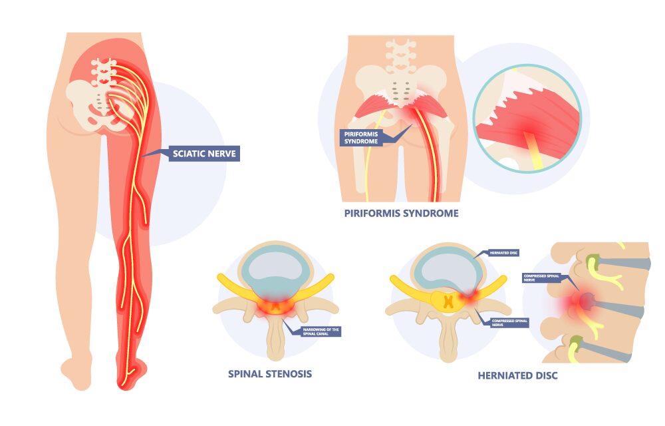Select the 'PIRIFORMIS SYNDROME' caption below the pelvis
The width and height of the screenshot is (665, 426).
pyautogui.click(x=401, y=214)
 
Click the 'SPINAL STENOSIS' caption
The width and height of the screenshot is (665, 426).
pyautogui.click(x=269, y=373)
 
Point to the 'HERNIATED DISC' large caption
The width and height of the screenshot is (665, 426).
pyautogui.click(x=517, y=375)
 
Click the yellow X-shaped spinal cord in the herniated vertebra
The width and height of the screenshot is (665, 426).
pyautogui.click(x=450, y=302)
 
